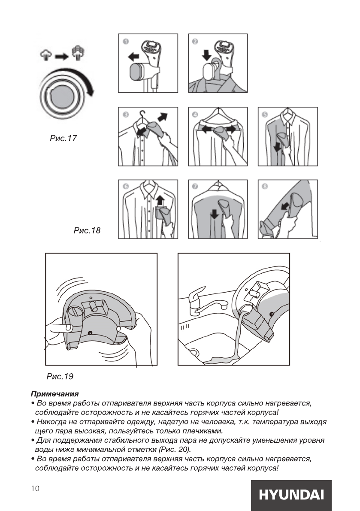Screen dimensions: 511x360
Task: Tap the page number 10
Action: [x=35, y=488]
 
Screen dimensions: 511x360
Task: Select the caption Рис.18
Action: [x=87, y=231]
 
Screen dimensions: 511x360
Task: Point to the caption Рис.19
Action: [x=60, y=377]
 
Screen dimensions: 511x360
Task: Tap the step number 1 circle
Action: [x=126, y=42]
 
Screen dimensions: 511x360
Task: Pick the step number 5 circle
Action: [x=265, y=115]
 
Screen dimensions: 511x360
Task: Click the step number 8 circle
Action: [x=265, y=187]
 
